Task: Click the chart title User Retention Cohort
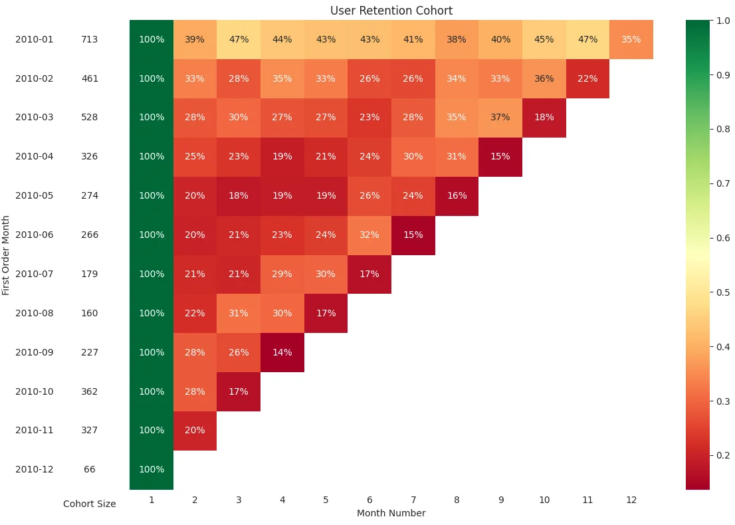(391, 11)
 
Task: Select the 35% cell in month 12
(631, 39)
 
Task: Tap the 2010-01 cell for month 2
(195, 39)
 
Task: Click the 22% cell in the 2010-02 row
(587, 78)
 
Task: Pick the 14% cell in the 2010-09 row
(282, 352)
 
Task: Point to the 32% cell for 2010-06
(369, 235)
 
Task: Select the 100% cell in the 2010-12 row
(152, 469)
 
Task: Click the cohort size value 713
(90, 39)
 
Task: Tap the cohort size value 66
(90, 469)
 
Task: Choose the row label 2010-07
(35, 274)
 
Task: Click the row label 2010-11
(35, 430)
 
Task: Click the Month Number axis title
(391, 513)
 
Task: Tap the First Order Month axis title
(6, 255)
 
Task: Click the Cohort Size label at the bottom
(90, 504)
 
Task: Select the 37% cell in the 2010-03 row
(500, 117)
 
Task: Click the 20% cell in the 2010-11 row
(195, 430)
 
